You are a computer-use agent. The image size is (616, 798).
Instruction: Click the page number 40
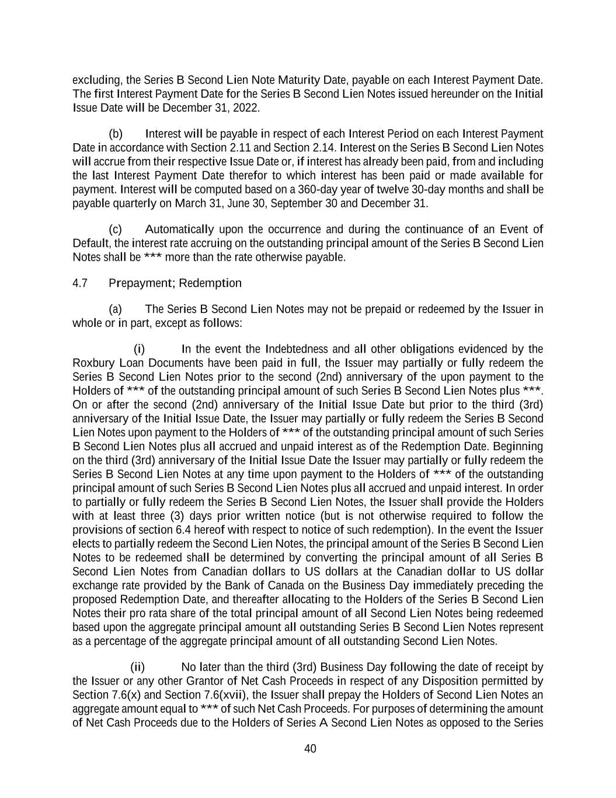[310, 749]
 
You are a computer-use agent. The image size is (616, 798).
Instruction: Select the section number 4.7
[80, 284]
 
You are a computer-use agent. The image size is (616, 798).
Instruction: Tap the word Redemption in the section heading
[210, 284]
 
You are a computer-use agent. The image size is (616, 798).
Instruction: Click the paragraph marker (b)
[116, 134]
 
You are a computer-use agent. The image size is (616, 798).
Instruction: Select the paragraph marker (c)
[116, 229]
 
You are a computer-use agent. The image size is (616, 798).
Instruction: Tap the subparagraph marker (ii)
[137, 667]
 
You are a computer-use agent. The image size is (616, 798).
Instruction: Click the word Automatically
[179, 229]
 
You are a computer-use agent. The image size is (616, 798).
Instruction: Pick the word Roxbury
[90, 363]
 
